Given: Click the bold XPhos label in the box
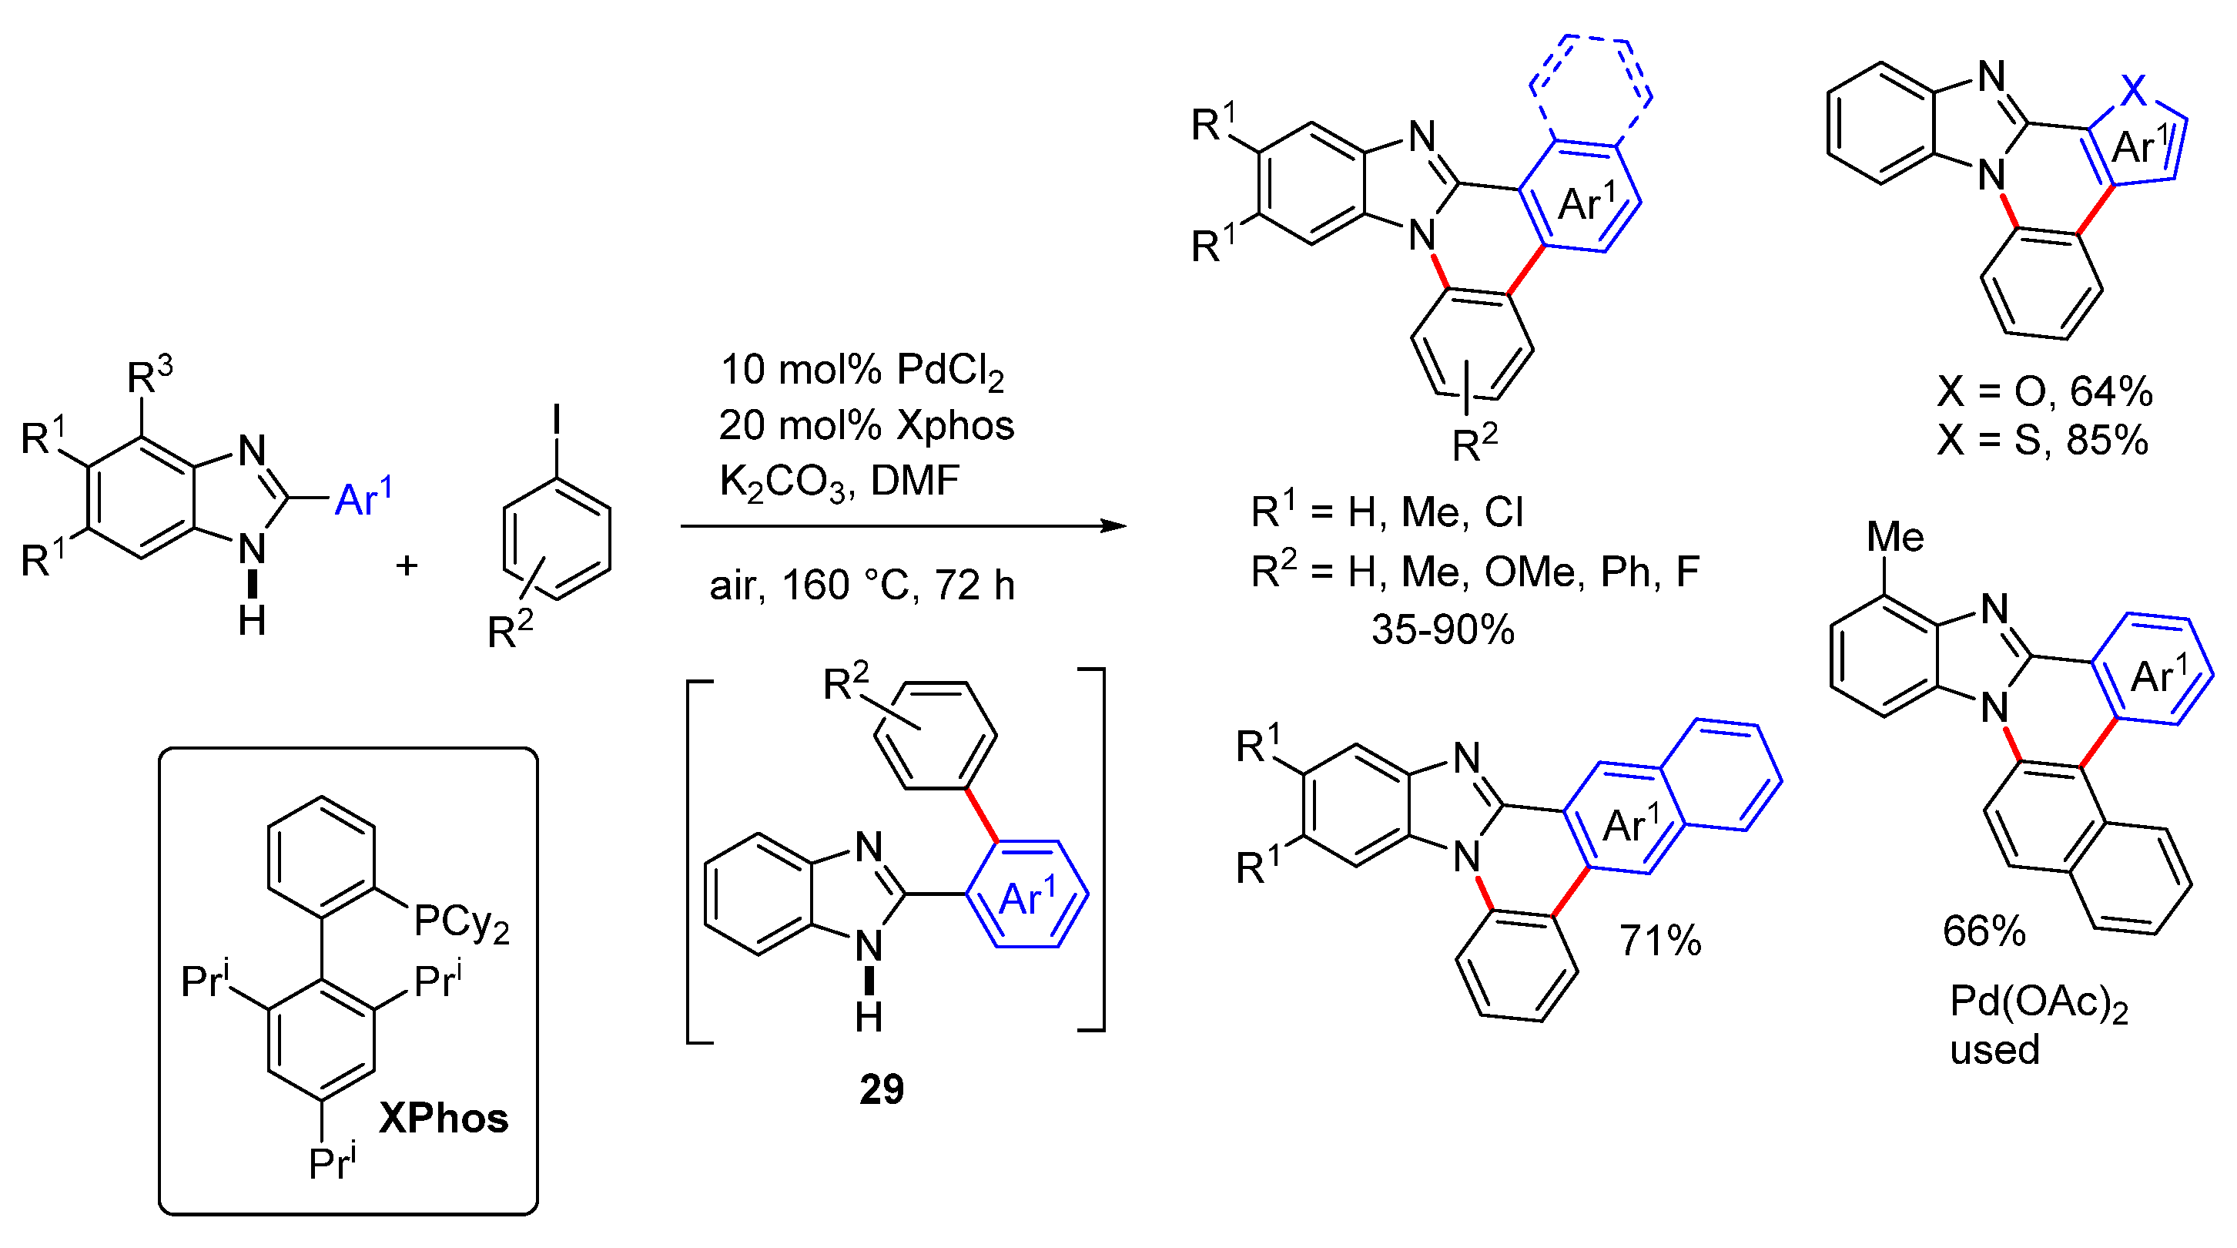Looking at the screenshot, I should coord(443,1118).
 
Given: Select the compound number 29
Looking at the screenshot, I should coord(882,1089).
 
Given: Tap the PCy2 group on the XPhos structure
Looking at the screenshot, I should coord(460,922).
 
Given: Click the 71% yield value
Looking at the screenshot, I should coord(1659,941).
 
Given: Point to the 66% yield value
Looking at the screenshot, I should coord(1984,932).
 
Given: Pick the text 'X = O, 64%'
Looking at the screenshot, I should coord(2044,393).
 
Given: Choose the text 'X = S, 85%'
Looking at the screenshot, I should coord(2042,441).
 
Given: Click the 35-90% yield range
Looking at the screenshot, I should coord(1442,629).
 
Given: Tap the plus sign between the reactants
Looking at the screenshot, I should coord(407,566).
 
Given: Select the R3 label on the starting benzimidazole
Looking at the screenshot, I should coord(149,376).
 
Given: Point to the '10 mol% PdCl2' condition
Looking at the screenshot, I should coord(862,370).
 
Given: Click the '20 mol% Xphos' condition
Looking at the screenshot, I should coord(866,425).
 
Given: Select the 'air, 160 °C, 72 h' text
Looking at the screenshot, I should coord(862,585).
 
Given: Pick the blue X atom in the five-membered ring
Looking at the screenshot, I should coord(2134,89).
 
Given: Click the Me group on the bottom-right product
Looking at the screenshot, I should coord(1895,538).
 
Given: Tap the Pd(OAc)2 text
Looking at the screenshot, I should coord(2038,1003).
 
